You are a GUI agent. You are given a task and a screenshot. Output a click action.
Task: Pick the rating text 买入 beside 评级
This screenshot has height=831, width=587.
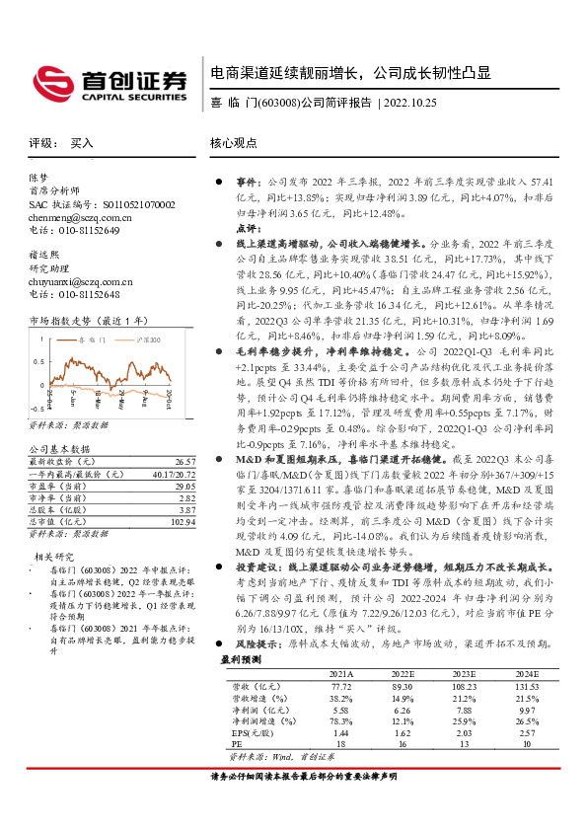tap(81, 143)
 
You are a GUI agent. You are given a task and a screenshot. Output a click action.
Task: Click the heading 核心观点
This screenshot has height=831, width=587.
tap(234, 143)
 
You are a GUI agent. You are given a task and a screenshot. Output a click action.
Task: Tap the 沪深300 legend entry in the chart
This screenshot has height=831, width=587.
tap(146, 340)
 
